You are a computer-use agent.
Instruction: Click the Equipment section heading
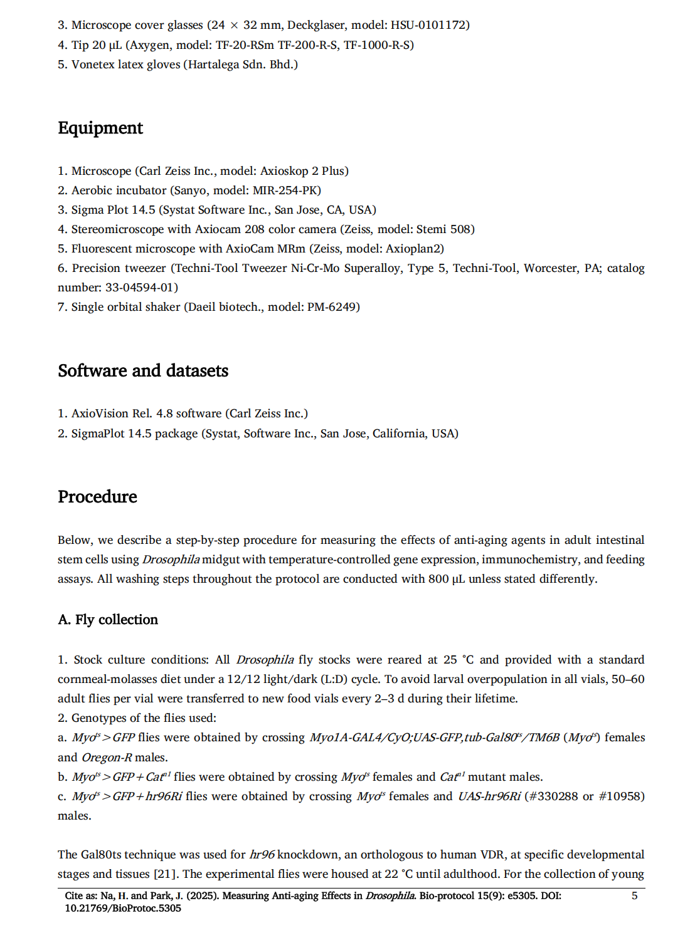100,128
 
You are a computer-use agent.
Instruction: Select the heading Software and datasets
143,371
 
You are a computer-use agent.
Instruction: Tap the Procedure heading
97,497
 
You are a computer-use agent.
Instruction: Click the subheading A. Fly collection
108,620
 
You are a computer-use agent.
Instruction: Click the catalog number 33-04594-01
141,288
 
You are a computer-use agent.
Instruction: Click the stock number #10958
621,796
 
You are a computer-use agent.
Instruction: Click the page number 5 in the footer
634,896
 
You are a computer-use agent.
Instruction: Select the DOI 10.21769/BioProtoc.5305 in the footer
123,909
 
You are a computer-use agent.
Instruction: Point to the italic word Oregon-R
107,758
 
